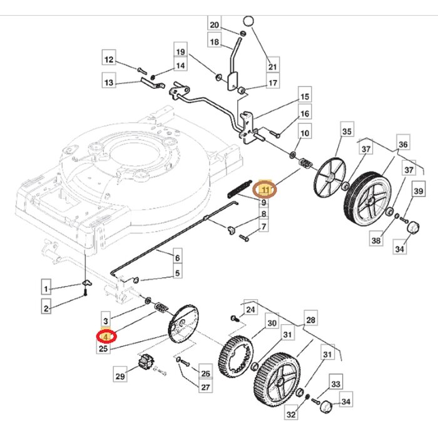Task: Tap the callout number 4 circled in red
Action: [106, 336]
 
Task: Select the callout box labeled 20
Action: [214, 25]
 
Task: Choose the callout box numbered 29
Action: [120, 376]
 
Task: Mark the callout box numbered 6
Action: [177, 257]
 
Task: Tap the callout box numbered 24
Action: [250, 309]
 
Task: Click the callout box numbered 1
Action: [46, 288]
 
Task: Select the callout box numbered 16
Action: [305, 115]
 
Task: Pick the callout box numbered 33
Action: [336, 383]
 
